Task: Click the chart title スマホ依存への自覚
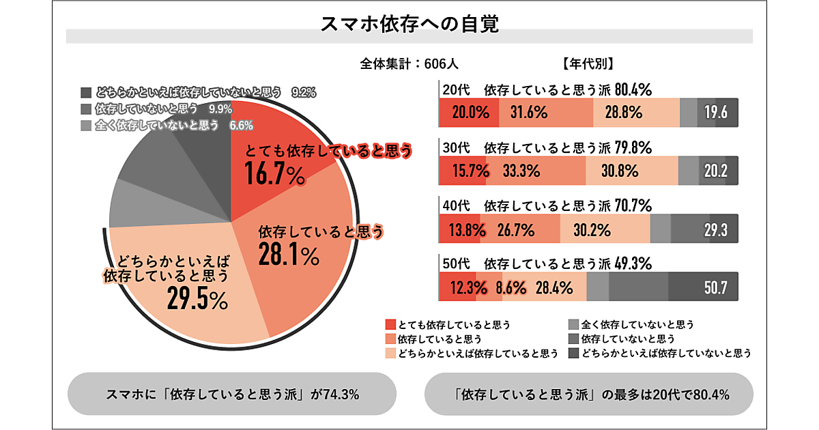click(409, 25)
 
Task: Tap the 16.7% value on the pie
click(274, 175)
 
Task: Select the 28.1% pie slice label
click(289, 255)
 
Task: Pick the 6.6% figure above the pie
click(242, 125)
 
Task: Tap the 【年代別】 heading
click(588, 64)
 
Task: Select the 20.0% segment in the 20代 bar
click(470, 113)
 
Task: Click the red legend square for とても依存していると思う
click(391, 325)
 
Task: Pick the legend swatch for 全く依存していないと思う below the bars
click(574, 325)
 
